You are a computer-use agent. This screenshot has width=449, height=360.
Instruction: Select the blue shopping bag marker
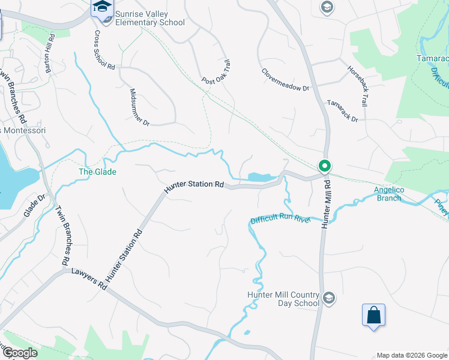373,315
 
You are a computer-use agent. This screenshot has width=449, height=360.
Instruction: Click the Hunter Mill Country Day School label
283,299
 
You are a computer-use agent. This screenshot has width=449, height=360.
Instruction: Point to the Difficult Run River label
280,220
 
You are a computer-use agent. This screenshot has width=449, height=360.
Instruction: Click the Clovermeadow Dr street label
285,79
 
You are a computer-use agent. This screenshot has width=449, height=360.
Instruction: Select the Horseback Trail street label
357,85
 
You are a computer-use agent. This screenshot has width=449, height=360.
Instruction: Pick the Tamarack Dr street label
342,111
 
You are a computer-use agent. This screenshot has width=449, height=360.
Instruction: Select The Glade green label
97,172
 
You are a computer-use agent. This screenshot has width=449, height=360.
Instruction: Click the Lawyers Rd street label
88,280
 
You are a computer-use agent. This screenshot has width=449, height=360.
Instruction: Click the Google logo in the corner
20,353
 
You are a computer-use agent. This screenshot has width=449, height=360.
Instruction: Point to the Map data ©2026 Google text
411,355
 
